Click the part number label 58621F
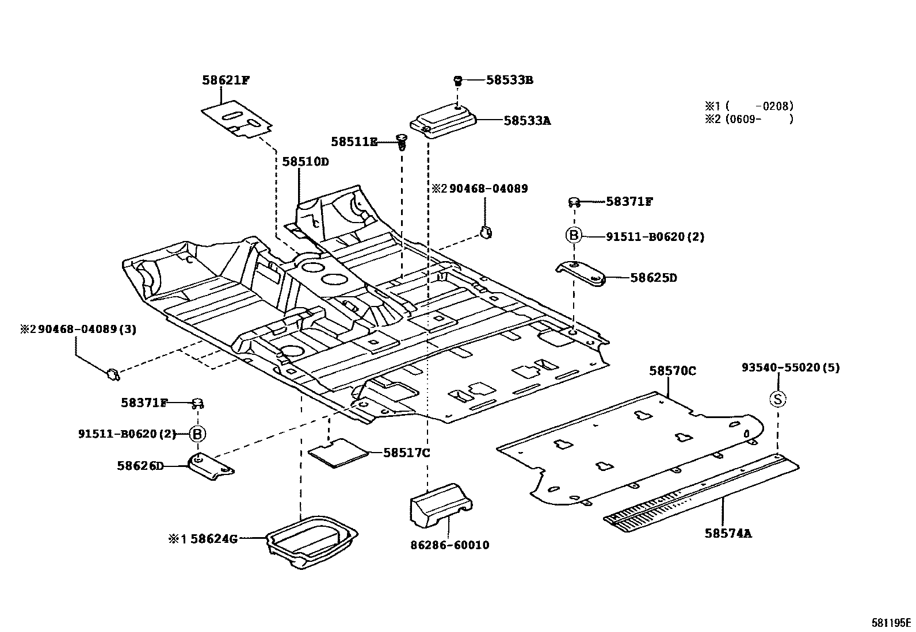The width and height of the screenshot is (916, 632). pyautogui.click(x=226, y=81)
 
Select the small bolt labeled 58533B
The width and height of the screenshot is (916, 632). pyautogui.click(x=459, y=80)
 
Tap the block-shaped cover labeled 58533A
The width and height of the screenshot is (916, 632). pyautogui.click(x=442, y=121)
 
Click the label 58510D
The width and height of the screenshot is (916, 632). pyautogui.click(x=305, y=162)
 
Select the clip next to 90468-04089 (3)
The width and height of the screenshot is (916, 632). pyautogui.click(x=112, y=374)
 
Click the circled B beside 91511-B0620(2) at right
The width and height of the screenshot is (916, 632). pyautogui.click(x=574, y=235)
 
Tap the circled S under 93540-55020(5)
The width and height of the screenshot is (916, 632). pyautogui.click(x=778, y=399)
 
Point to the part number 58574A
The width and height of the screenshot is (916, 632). pyautogui.click(x=728, y=534)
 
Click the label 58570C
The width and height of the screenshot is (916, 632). pyautogui.click(x=672, y=371)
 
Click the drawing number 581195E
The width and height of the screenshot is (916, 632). pyautogui.click(x=891, y=623)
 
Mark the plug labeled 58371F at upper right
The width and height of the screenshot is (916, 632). pyautogui.click(x=573, y=202)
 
